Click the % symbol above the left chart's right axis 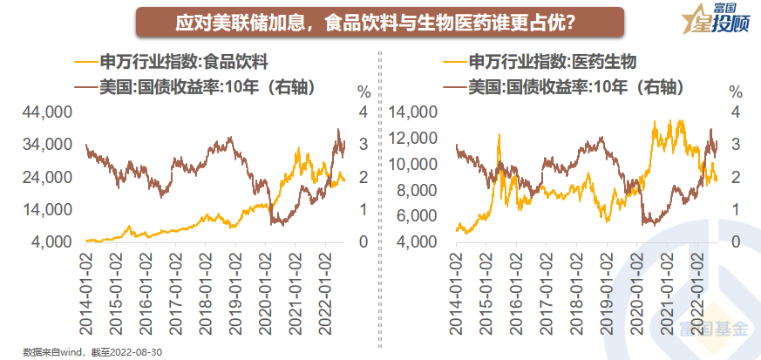coord(364,91)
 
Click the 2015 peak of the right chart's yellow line coord(499,134)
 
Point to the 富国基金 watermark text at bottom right coord(716,329)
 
